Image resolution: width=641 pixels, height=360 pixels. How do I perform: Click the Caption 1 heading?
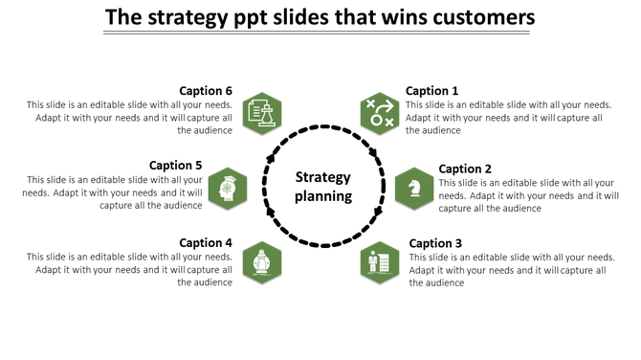[431, 91]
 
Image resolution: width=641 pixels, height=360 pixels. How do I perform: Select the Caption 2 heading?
[465, 169]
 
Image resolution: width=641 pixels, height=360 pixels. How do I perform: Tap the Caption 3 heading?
[435, 243]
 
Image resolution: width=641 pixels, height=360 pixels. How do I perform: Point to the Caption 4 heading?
[206, 243]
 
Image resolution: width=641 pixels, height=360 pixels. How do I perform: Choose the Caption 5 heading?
[176, 166]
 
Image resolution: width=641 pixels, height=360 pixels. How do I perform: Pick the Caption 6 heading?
[206, 91]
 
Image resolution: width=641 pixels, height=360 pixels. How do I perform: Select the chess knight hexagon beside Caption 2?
[414, 188]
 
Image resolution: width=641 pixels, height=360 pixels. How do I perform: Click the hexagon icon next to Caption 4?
[260, 262]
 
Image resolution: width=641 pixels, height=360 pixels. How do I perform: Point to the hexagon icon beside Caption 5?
[228, 188]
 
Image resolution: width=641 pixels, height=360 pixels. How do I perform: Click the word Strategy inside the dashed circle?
[322, 177]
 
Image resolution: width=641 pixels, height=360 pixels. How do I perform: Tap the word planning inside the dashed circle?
[323, 196]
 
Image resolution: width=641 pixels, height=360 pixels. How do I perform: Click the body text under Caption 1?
[508, 118]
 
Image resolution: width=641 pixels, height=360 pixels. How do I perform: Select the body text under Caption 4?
[129, 270]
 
